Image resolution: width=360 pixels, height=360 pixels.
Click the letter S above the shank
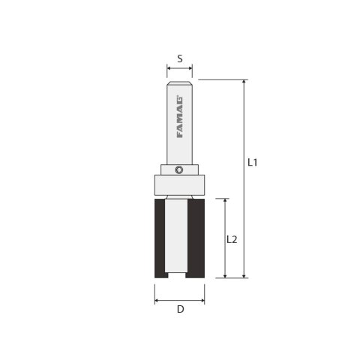[x=179, y=57]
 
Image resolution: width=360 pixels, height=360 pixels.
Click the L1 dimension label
[x=253, y=163]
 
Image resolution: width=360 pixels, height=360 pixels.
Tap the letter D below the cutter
[x=179, y=308]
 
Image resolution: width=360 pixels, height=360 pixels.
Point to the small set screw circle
[x=179, y=169]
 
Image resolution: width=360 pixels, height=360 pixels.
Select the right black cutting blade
[x=196, y=238]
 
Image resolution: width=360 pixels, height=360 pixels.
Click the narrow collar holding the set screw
[x=169, y=169]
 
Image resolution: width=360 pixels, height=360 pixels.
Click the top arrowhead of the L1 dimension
[x=244, y=82]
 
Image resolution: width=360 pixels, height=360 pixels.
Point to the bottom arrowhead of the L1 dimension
[x=244, y=275]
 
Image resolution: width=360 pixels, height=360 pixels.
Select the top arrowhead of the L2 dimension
[x=224, y=201]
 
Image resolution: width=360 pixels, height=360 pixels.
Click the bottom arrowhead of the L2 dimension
[x=224, y=275]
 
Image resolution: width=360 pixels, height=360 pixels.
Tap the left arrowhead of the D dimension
[x=157, y=300]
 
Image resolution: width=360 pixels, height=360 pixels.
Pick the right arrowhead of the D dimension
[x=202, y=300]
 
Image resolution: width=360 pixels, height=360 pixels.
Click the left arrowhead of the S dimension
[x=169, y=68]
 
